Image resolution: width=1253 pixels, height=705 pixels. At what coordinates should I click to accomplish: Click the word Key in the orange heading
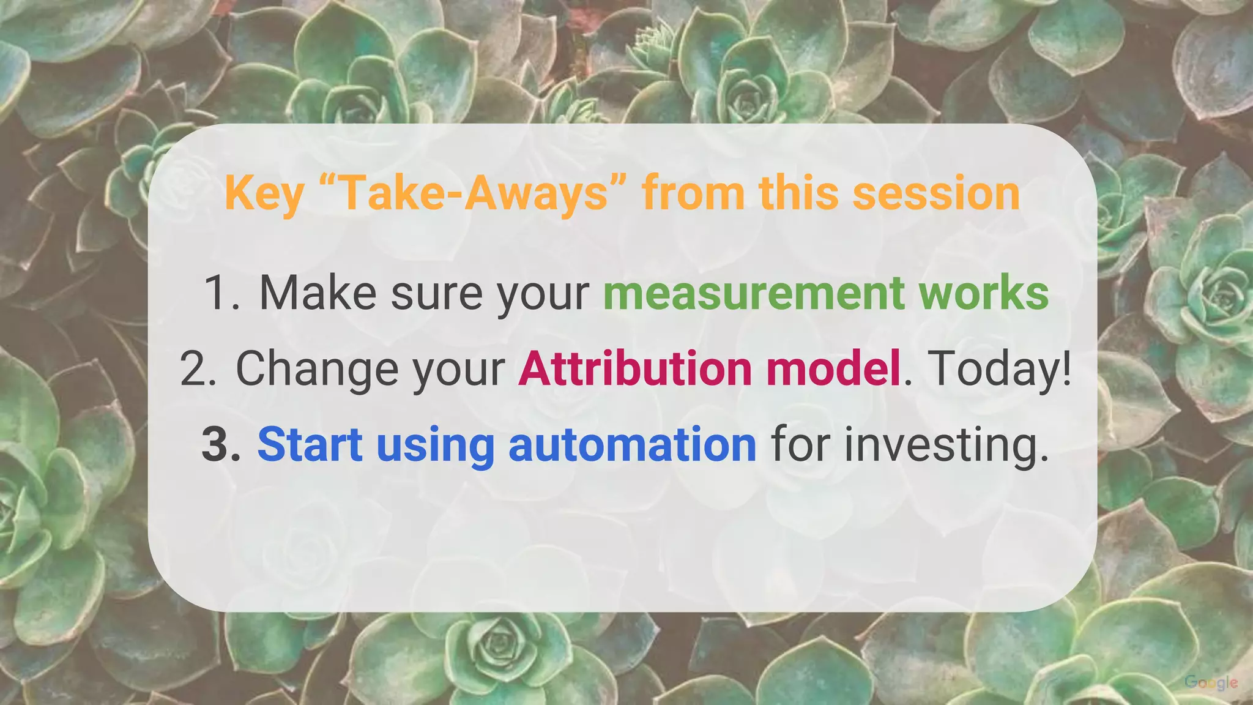264,194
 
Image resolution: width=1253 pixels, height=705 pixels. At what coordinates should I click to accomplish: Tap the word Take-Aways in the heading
472,194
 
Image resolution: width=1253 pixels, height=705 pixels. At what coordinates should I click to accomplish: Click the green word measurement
753,293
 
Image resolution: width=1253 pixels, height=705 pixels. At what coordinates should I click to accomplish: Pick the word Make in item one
318,293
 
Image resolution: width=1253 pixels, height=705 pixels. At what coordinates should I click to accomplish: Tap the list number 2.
198,369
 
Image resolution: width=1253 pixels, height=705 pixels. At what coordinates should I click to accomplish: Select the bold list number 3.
220,445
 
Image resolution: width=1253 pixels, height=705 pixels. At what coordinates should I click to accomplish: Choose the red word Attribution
635,369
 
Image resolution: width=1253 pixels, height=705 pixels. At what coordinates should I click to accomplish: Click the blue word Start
310,445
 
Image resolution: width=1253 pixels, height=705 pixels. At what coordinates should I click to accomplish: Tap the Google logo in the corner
1211,682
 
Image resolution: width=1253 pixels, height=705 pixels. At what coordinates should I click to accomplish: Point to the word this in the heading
798,194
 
